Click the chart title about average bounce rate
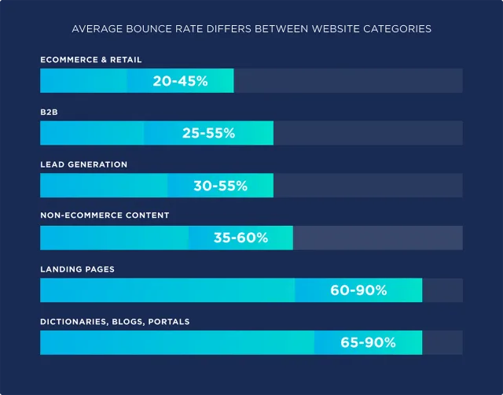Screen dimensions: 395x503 [251, 29]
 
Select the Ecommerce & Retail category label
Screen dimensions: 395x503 [91, 60]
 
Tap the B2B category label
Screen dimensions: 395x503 [50, 113]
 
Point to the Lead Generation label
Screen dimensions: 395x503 [83, 164]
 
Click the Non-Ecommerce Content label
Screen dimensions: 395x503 [105, 216]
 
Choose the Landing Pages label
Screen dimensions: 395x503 [77, 269]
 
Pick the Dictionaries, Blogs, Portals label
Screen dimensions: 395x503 [115, 321]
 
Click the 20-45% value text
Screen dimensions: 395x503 [180, 81]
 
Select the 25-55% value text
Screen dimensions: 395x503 [208, 133]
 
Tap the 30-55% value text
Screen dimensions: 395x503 [220, 186]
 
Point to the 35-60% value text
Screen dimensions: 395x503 [240, 238]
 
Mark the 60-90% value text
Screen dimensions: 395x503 [358, 290]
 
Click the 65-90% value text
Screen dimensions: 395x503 [368, 342]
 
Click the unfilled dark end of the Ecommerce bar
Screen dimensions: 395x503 [348, 81]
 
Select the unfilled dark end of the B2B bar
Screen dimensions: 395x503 [368, 133]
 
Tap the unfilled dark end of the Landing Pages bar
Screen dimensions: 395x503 [442, 290]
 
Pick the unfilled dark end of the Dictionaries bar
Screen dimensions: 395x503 [442, 342]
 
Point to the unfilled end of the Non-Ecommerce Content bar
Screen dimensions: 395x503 [377, 238]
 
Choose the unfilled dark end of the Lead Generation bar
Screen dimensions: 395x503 [368, 186]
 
